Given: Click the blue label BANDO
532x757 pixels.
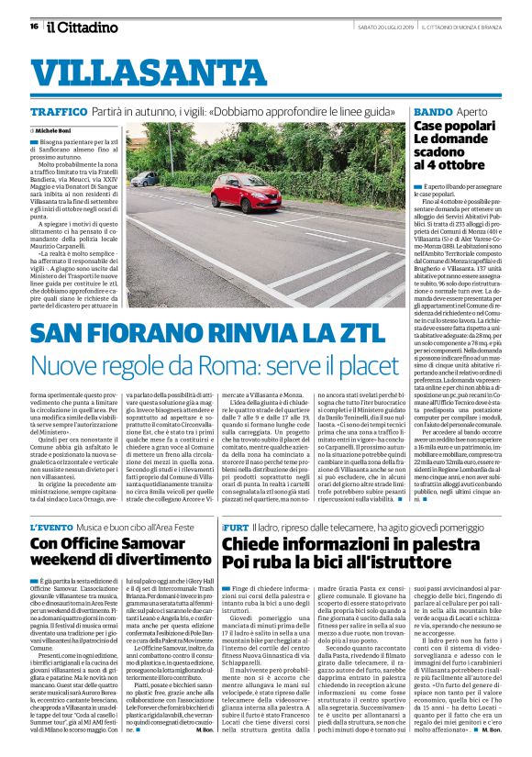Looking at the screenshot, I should click(432, 111).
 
